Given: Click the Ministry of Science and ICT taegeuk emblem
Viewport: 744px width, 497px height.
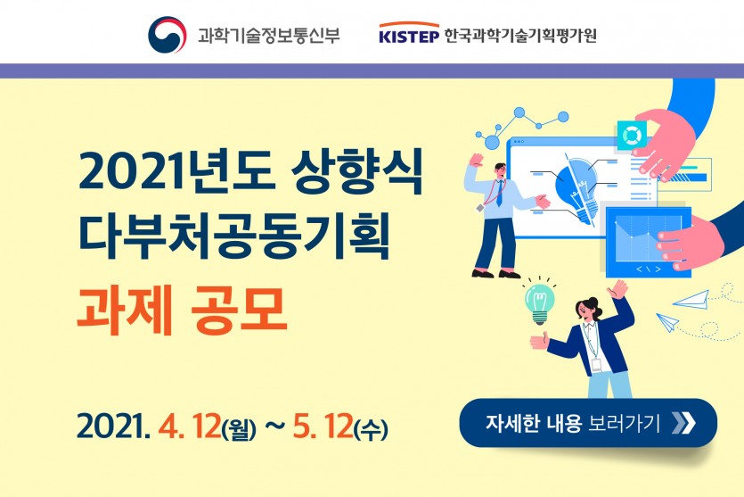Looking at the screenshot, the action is click(167, 35).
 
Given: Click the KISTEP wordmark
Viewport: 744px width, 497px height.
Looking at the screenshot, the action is click(409, 34).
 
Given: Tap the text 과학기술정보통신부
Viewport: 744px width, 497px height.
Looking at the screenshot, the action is click(268, 35).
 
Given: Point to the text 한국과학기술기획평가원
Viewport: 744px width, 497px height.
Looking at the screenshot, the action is click(520, 35).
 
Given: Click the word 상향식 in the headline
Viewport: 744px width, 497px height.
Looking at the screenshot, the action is click(356, 172).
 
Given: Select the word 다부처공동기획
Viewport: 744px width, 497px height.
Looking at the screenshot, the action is click(234, 236).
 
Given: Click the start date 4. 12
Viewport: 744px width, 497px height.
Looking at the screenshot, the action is click(190, 427).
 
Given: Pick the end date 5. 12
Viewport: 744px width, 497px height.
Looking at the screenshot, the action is click(323, 427).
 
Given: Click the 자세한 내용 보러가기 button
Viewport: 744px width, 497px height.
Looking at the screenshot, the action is click(588, 422).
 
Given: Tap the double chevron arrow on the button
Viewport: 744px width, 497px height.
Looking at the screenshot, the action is click(683, 422).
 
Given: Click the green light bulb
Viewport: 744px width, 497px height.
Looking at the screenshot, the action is click(539, 303).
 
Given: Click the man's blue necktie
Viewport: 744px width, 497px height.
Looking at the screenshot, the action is click(499, 194).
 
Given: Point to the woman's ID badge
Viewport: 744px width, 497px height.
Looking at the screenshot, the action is click(596, 365).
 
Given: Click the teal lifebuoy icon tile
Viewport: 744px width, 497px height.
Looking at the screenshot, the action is click(632, 136).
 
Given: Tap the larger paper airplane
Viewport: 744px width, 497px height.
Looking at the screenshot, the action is click(691, 299).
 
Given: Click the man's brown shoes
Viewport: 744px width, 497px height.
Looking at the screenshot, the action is click(495, 274).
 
